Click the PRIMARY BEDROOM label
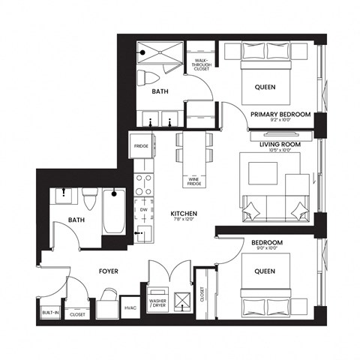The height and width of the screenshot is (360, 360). tap(280, 115)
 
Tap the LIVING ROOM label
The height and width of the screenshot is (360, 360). tap(280, 143)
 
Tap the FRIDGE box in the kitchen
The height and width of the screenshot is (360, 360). tap(141, 145)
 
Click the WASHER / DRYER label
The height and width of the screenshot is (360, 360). tap(158, 302)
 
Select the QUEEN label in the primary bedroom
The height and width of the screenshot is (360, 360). tap(264, 86)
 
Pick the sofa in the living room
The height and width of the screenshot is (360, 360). tap(274, 209)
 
